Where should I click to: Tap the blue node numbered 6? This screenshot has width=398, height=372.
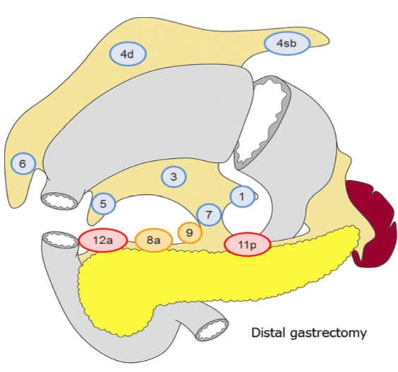[23, 164]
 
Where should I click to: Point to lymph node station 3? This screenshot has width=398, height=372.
[174, 177]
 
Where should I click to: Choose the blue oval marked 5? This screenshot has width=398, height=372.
[103, 204]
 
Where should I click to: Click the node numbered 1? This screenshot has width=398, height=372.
[242, 197]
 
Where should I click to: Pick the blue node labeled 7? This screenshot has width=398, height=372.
[208, 213]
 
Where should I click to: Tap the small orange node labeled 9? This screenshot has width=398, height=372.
[189, 232]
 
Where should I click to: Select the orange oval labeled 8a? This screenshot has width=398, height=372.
[153, 241]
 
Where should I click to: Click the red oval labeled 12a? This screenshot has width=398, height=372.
[103, 241]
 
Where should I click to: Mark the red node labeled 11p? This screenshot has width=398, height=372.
[248, 244]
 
